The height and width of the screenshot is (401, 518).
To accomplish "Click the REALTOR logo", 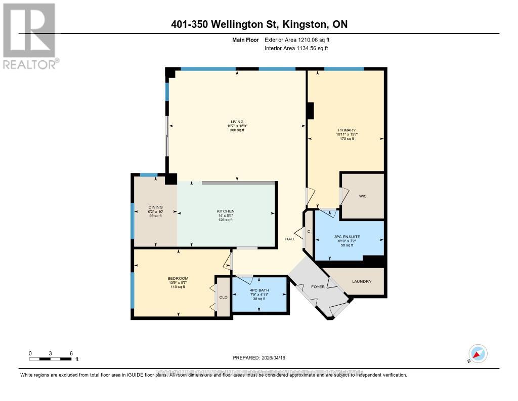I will pos(30,35).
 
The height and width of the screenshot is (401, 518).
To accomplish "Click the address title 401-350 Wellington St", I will pos(258,25).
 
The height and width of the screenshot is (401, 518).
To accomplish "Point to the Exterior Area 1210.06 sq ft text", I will pos(298,40).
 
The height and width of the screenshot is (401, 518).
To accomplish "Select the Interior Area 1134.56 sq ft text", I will pos(296,48).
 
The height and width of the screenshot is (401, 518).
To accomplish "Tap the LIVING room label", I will pos(237,122).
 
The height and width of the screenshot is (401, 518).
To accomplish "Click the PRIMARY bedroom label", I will pos(346,130).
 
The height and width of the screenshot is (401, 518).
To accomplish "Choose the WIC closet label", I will pos(362,195).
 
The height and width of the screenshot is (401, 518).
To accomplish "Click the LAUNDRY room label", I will pos(362,281).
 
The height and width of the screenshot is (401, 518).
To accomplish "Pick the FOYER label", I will pos(318,287).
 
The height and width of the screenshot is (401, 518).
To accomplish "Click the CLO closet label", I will pos(223,298).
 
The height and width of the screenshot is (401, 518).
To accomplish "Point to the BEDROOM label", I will pos(178,278).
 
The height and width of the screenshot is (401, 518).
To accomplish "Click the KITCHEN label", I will pos(226,211).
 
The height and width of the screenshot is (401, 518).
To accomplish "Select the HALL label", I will pos(290,239).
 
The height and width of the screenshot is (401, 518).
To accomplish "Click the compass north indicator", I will pos(478,353).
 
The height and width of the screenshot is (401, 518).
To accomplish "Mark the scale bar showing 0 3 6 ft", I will pos(51,359).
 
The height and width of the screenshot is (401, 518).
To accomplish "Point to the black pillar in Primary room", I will pos(310,110).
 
